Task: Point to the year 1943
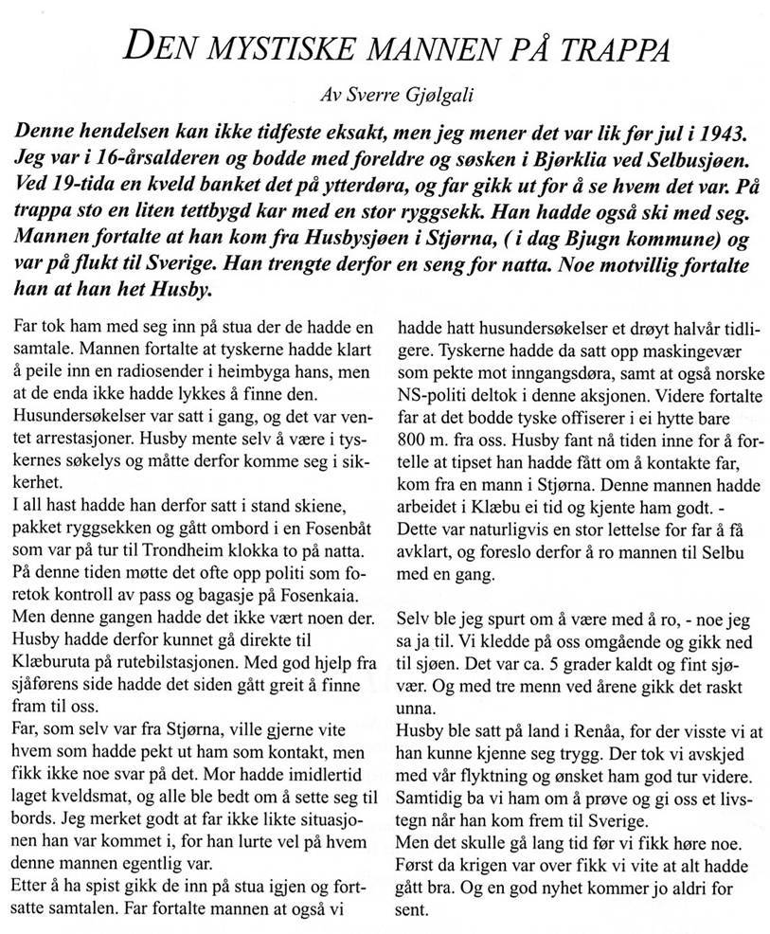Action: click(x=696, y=130)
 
